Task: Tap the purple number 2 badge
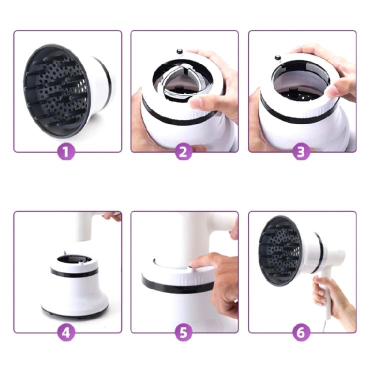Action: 184,152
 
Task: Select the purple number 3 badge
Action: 300,152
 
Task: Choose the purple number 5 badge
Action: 184,332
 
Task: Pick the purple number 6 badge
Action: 300,332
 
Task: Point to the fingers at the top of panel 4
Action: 112,216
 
